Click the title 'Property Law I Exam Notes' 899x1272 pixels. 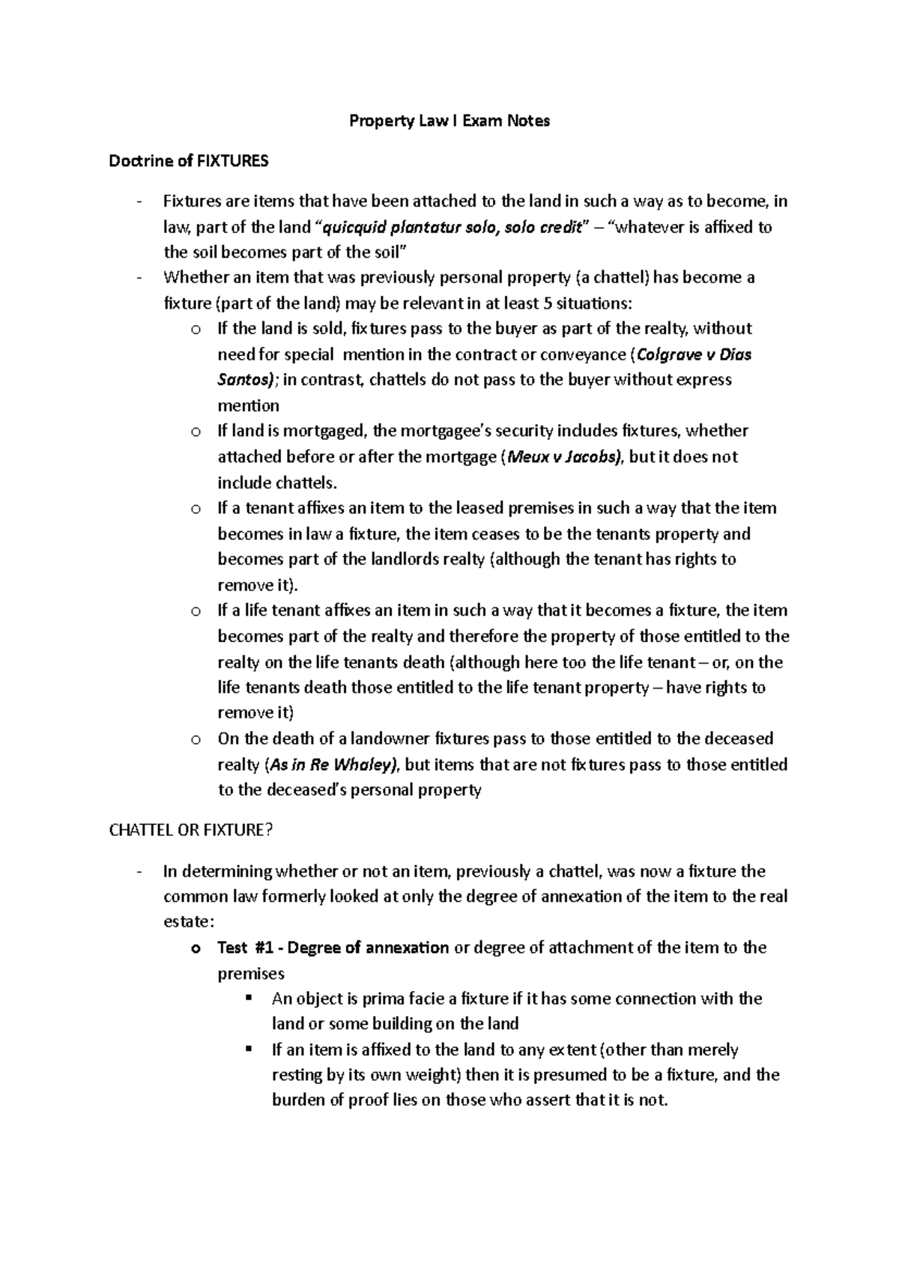click(449, 121)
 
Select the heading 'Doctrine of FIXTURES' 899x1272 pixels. click(188, 161)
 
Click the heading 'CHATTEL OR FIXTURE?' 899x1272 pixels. click(187, 831)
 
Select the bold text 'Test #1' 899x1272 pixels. click(245, 948)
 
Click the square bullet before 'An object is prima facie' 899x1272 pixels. click(249, 998)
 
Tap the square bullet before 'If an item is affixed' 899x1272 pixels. click(249, 1049)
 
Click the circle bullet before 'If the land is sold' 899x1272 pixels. click(196, 330)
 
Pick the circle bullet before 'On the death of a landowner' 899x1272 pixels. click(196, 740)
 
